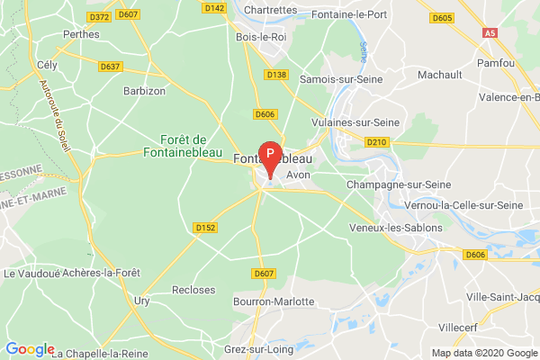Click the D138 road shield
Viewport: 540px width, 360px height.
276,75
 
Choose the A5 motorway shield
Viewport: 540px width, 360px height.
490,32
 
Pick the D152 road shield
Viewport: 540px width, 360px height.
205,229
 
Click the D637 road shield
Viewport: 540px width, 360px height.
112,66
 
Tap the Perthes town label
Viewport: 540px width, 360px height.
81,34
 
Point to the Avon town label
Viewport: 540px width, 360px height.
297,175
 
